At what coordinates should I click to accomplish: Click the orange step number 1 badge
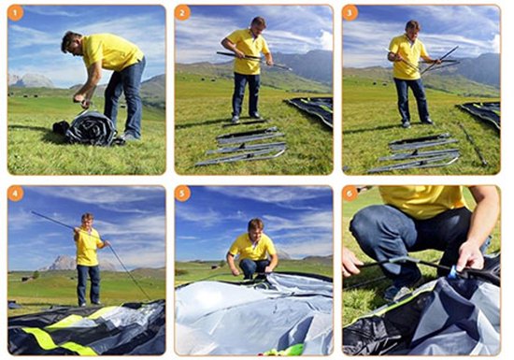pos(15,13)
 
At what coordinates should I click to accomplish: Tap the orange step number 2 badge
pos(182,13)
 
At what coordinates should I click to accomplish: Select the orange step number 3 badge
pos(350,13)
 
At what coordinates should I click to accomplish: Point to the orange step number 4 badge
pos(15,194)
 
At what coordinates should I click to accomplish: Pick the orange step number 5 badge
pos(182,194)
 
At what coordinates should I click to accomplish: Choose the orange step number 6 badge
pos(350,194)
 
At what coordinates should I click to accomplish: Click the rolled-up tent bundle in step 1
pos(87,128)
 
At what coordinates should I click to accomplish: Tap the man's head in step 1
pos(71,43)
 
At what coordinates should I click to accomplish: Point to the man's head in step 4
pos(88,221)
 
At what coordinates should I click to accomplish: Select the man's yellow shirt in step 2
pos(249,51)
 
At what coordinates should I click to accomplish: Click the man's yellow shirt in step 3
pos(408,57)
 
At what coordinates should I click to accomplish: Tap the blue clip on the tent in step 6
pos(453,272)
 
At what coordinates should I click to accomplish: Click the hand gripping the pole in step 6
pos(470,255)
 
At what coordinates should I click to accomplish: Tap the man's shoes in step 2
pos(246,118)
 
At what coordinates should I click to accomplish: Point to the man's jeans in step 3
pos(412,99)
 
